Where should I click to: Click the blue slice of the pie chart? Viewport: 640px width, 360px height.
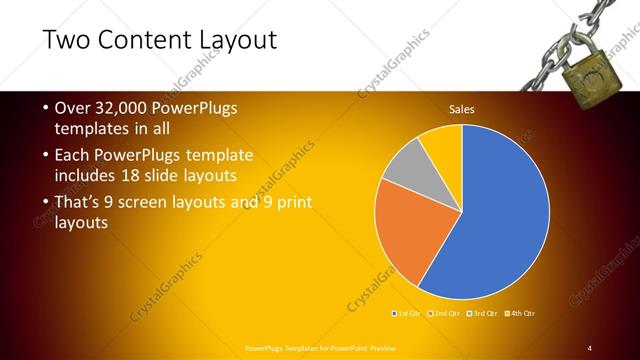tap(500, 210)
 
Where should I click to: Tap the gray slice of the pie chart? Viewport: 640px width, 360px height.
tap(406, 165)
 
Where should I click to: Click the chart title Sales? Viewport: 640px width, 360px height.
tap(461, 109)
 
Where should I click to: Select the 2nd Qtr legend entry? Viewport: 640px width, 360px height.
tap(445, 314)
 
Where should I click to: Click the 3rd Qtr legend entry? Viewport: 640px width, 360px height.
tap(483, 314)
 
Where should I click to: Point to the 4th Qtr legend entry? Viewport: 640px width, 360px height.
tap(521, 314)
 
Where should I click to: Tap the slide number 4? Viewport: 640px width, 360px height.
tap(589, 347)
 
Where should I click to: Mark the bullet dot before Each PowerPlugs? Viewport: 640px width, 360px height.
tap(47, 156)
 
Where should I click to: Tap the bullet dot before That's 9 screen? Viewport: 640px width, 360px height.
tap(47, 203)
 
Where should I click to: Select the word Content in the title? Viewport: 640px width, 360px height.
tap(146, 40)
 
